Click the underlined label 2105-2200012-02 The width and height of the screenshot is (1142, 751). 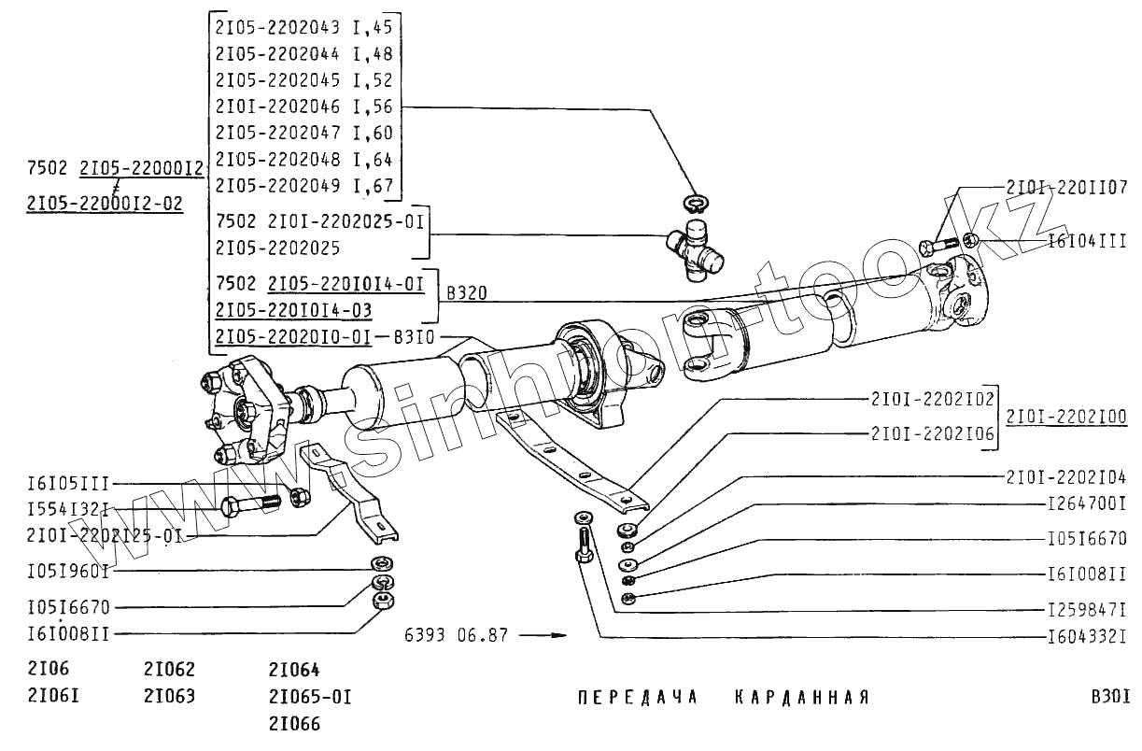[x=106, y=203]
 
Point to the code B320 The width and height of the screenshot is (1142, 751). [x=466, y=293]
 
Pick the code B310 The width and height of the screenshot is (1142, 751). [x=413, y=336]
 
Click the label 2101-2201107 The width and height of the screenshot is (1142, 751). [x=1066, y=187]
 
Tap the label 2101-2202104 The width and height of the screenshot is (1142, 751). [x=1066, y=475]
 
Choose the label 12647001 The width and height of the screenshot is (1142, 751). [x=1087, y=505]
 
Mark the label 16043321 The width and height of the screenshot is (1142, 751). [x=1087, y=638]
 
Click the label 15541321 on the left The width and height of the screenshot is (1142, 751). [x=68, y=509]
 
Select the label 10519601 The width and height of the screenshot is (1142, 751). [x=68, y=568]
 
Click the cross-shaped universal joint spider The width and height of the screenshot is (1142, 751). [x=694, y=247]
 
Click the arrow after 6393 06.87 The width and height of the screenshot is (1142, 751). [x=543, y=636]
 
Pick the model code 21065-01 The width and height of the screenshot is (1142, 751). [x=309, y=697]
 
